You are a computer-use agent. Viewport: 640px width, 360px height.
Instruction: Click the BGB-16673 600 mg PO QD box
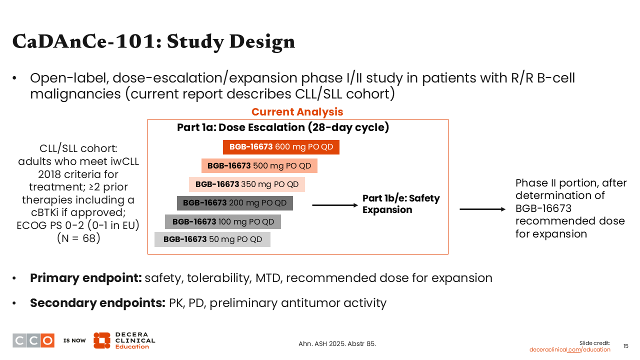pyautogui.click(x=281, y=147)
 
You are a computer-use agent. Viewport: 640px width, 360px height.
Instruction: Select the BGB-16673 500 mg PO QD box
pyautogui.click(x=259, y=166)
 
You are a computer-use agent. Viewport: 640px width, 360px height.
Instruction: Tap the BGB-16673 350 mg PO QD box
pyautogui.click(x=247, y=184)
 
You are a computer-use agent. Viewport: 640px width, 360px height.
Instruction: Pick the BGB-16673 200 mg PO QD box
pyautogui.click(x=235, y=203)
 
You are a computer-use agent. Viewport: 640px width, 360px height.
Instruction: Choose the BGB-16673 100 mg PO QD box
pyautogui.click(x=223, y=221)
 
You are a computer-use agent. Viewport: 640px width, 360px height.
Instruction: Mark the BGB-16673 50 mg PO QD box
pyautogui.click(x=212, y=239)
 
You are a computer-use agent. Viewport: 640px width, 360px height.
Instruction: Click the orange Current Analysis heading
pyautogui.click(x=297, y=112)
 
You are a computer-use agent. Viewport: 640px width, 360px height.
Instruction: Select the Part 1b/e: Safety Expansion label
pyautogui.click(x=401, y=204)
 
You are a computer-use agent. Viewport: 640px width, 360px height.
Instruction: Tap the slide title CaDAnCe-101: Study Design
pyautogui.click(x=153, y=41)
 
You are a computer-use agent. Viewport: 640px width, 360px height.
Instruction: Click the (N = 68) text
pyautogui.click(x=78, y=238)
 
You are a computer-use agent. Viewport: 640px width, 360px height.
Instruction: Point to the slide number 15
pyautogui.click(x=625, y=346)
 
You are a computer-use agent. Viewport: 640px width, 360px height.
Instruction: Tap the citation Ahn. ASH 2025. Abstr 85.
pyautogui.click(x=337, y=344)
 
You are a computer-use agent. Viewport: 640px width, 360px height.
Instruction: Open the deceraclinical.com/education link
pyautogui.click(x=569, y=349)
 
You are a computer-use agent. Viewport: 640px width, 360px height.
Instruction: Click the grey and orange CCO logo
pyautogui.click(x=33, y=340)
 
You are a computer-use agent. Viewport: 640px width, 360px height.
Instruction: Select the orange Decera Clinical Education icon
pyautogui.click(x=102, y=340)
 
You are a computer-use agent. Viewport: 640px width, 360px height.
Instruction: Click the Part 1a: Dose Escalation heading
pyautogui.click(x=283, y=127)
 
